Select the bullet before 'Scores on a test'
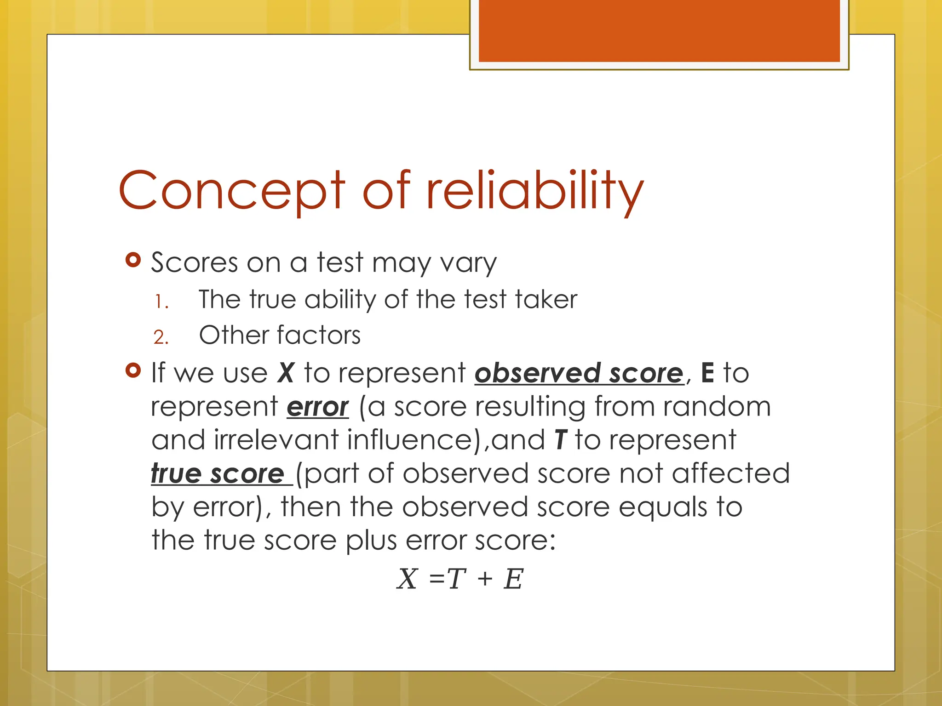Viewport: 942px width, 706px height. coord(133,261)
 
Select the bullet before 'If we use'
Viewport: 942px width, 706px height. coord(133,370)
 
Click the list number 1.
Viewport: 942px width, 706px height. coord(161,302)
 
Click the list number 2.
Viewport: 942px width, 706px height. coord(161,337)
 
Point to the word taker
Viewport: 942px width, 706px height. coord(546,299)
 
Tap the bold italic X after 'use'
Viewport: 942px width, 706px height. coord(286,372)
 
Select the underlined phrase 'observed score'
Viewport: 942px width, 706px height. coord(579,372)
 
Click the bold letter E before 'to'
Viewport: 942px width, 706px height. coord(707,372)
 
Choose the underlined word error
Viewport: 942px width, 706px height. coord(317,407)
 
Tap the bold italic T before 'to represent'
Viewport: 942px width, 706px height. coord(560,439)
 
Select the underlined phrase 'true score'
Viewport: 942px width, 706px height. coord(218,473)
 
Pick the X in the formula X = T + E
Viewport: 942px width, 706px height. coord(407,578)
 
